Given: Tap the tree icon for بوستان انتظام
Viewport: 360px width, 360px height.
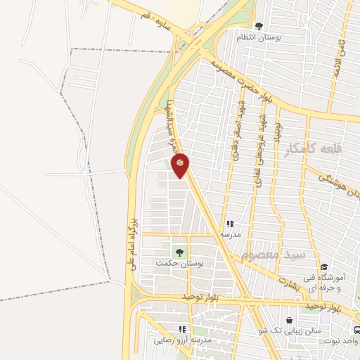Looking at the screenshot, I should [x=259, y=26].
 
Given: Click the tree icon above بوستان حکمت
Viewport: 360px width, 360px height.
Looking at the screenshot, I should [x=179, y=251].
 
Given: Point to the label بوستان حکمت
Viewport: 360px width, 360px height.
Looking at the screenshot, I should [x=179, y=263].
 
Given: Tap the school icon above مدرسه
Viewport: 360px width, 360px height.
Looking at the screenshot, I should [x=229, y=224].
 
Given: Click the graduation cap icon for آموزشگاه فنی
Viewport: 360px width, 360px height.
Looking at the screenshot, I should [x=324, y=267].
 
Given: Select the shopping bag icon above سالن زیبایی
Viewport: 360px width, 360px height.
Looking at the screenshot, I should [x=289, y=320].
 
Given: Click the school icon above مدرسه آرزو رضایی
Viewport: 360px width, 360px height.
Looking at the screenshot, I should [x=182, y=328].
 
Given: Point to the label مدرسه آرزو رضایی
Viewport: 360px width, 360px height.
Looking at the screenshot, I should [x=183, y=340].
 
